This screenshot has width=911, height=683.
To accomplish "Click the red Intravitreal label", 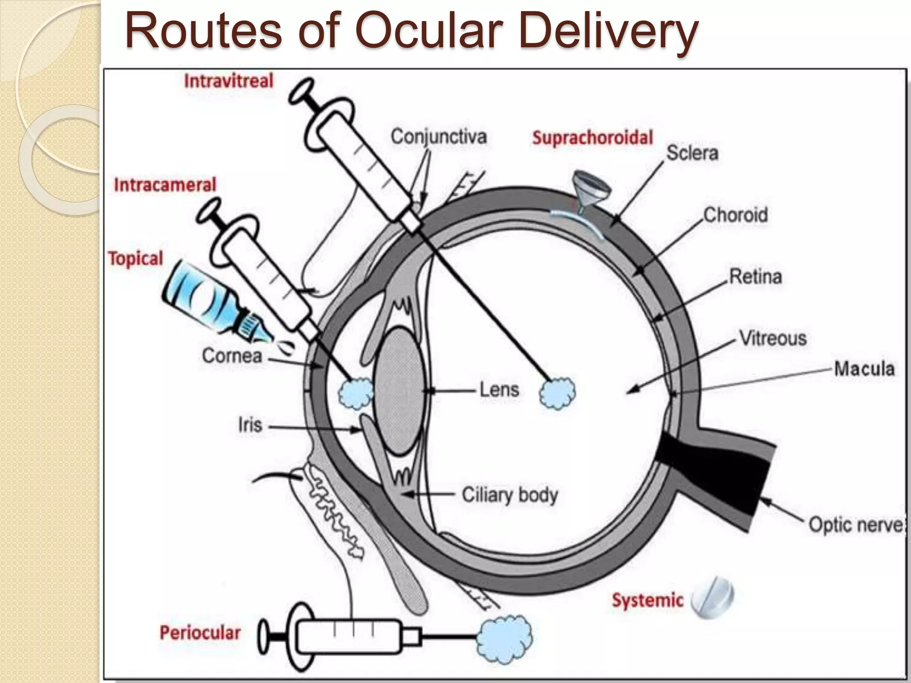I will [229, 81].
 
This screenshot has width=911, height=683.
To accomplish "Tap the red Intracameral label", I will [165, 185].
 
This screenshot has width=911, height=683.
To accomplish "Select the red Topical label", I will [136, 258].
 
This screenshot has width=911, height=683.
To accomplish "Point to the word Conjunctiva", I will [439, 137].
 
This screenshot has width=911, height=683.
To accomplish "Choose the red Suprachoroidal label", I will [593, 138].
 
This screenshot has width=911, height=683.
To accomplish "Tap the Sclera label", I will [692, 153].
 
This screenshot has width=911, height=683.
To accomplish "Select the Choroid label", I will [735, 215].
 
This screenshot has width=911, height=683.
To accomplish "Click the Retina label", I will [755, 277].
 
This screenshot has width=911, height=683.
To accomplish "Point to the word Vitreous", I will [773, 339].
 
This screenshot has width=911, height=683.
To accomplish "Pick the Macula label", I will [864, 369].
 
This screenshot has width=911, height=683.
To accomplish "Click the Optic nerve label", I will [855, 525].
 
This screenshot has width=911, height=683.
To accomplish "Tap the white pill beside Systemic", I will [713, 598].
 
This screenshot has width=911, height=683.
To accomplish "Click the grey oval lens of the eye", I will [399, 391].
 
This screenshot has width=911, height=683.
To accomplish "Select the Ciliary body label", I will [509, 495].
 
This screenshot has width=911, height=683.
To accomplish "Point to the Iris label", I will [250, 426].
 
